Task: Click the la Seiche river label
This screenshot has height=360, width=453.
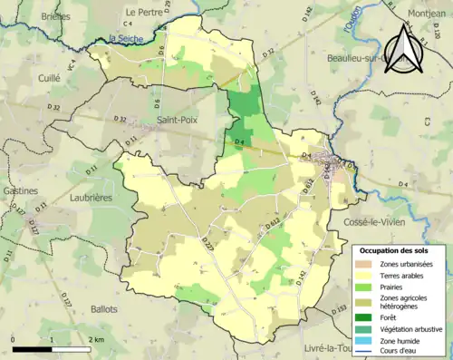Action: [x=125, y=38]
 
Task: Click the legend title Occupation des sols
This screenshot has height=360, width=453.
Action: [x=395, y=249]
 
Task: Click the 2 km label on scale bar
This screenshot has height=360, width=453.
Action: [x=96, y=339]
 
